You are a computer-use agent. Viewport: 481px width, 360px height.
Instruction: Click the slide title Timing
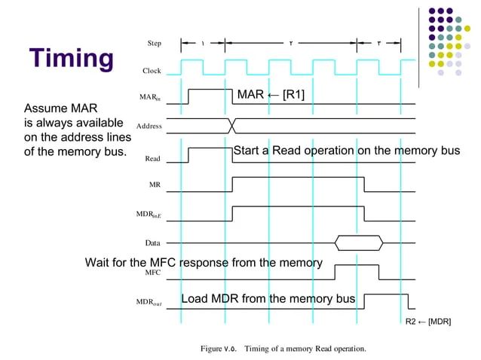point(72,58)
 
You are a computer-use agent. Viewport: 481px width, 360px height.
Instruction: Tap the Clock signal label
point(152,71)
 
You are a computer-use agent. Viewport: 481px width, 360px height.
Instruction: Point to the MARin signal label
point(149,98)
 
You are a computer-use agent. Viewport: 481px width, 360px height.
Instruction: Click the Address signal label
point(149,126)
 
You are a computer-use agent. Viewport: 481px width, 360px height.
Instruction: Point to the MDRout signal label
point(149,303)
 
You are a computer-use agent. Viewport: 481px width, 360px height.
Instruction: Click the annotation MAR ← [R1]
point(271,94)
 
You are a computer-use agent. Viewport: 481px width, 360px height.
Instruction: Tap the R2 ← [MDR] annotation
point(428,322)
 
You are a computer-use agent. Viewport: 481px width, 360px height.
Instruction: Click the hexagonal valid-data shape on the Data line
point(360,243)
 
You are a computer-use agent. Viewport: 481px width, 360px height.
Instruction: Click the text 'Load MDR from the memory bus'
point(268,299)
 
